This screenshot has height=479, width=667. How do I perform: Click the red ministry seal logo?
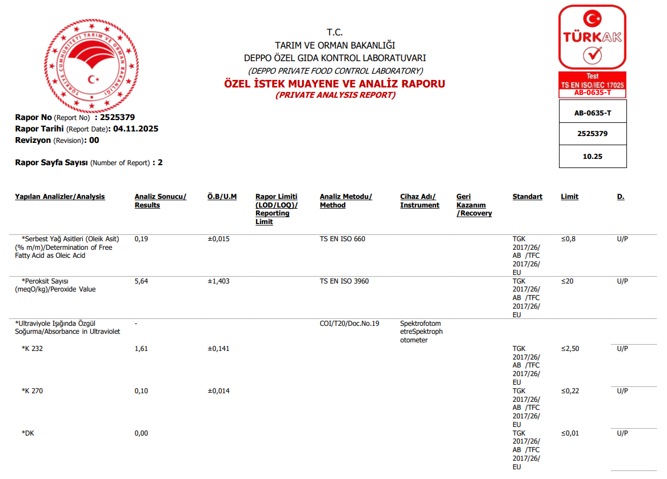(x=91, y=66)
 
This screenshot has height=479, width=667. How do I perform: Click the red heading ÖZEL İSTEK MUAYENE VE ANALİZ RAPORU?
(x=335, y=84)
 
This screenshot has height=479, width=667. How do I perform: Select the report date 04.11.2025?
(x=135, y=129)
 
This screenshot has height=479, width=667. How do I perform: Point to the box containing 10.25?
(x=592, y=156)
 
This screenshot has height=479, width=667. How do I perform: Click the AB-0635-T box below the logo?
(x=592, y=113)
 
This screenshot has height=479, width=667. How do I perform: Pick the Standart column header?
(x=527, y=197)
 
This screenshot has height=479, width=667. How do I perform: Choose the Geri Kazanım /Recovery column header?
(x=474, y=205)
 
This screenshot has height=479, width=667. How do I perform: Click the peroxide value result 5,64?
(x=141, y=281)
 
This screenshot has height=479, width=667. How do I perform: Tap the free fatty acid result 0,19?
(x=141, y=239)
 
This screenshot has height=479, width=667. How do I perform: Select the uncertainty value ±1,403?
(x=218, y=281)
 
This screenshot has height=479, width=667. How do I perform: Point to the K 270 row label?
(x=33, y=391)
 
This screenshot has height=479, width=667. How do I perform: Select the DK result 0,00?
(x=141, y=433)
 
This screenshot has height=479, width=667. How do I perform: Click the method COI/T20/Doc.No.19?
(x=349, y=324)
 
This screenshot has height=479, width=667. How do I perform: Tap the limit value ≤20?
(x=567, y=281)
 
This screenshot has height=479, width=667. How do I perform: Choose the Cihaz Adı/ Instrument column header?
(x=420, y=201)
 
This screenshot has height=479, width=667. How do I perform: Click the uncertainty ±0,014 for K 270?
(x=218, y=391)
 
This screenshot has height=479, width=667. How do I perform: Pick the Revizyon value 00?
(x=94, y=140)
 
